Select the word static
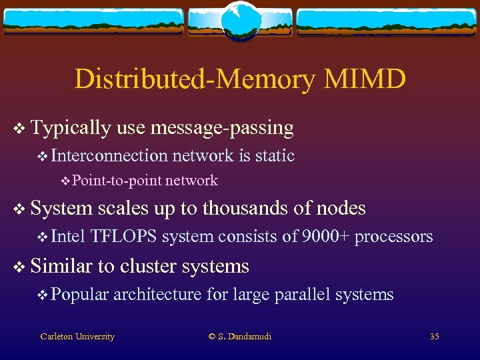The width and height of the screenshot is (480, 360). [275, 156]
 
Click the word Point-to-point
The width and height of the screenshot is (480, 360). [117, 181]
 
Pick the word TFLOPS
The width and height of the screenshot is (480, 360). [124, 237]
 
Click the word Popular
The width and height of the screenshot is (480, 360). [79, 295]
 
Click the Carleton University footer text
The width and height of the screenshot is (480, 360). [77, 337]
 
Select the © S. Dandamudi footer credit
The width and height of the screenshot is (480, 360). [240, 337]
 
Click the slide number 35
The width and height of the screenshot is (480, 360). [434, 337]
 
